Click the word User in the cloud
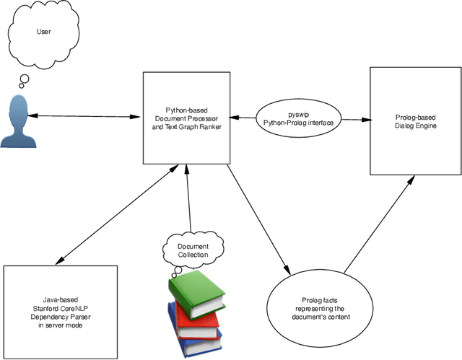click(x=43, y=32)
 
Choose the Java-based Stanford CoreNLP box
click(x=60, y=311)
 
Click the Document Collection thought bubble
click(x=193, y=250)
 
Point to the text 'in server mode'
click(x=60, y=325)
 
